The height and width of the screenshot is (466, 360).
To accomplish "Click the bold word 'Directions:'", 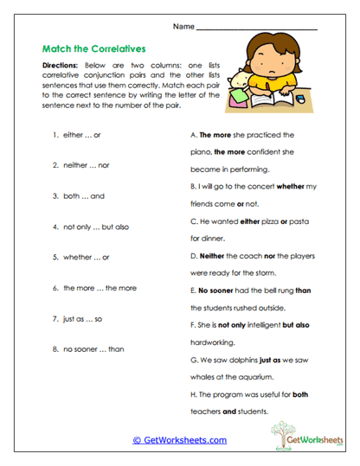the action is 60,66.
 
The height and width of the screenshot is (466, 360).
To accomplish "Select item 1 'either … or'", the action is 77,135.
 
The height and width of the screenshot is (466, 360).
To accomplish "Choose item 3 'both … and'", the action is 78,196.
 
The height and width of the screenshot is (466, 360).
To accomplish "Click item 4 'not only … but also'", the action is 91,227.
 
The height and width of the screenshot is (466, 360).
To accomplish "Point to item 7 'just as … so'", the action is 78,318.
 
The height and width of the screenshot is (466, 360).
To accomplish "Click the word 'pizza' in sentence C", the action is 268,222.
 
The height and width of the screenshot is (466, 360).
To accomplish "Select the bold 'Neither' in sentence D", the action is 212,257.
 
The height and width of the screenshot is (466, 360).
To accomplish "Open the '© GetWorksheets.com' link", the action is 179,440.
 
